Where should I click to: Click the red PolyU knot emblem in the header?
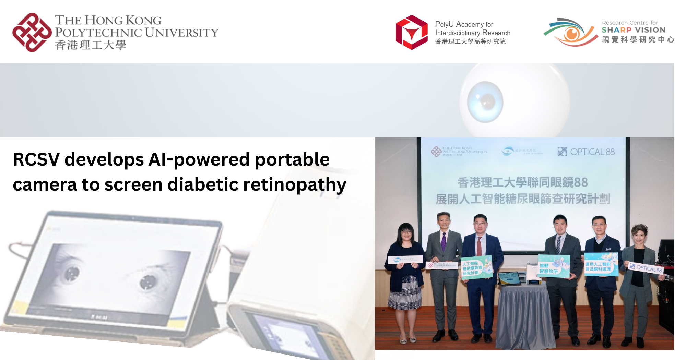[x=32, y=33]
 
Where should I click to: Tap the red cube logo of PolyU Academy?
[x=412, y=33]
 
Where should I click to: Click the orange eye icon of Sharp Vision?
[x=571, y=34]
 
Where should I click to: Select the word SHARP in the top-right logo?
[x=616, y=30]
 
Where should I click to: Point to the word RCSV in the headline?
[x=36, y=160]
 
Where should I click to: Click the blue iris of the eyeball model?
[x=485, y=102]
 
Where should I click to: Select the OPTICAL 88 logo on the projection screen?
[x=586, y=152]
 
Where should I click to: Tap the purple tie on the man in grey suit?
[x=443, y=242]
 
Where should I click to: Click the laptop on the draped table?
[x=509, y=278]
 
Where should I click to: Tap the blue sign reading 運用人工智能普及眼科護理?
[x=601, y=264]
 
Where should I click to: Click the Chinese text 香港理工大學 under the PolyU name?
[x=91, y=45]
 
